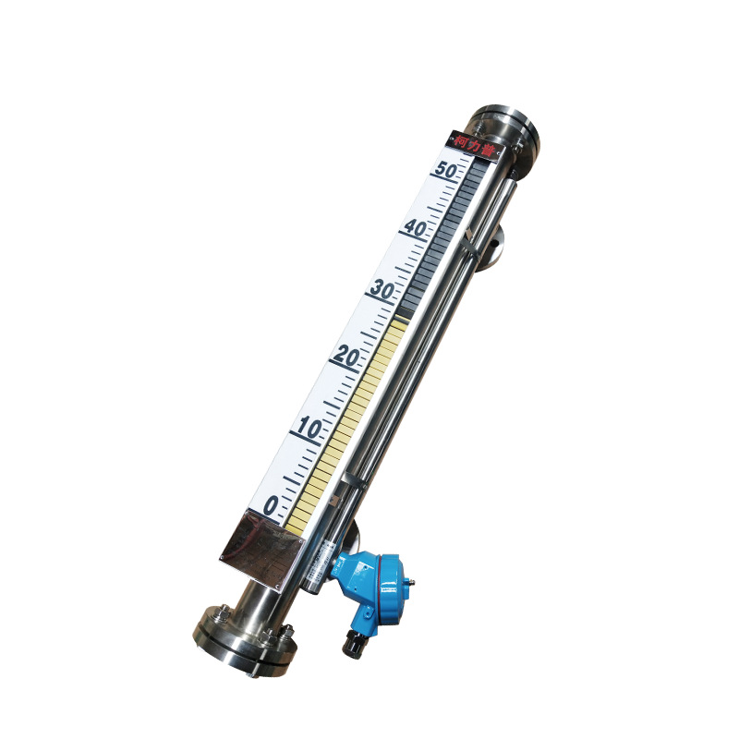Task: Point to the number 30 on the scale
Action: [382, 289]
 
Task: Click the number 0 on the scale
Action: [271, 504]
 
